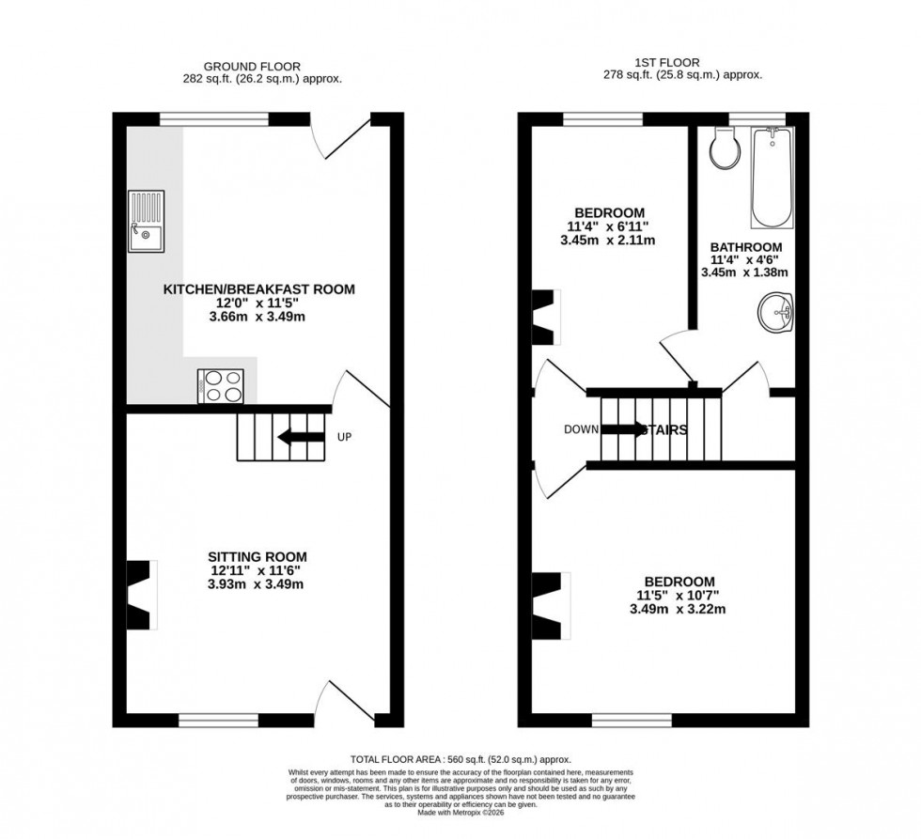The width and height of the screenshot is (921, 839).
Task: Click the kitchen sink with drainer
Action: (148, 219)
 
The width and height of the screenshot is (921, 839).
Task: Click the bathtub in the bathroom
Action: (772, 178)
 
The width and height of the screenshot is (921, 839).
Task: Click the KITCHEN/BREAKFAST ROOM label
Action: (259, 289)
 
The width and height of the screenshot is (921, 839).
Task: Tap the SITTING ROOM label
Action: (258, 556)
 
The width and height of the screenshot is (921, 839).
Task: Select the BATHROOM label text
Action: (746, 247)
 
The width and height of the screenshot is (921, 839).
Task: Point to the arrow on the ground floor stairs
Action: (296, 437)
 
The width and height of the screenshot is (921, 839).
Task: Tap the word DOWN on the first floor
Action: (581, 430)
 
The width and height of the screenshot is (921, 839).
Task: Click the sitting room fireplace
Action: (140, 594)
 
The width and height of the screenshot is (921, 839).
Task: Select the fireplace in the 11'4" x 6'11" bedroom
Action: (545, 317)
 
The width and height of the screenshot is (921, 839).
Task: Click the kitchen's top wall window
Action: (214, 118)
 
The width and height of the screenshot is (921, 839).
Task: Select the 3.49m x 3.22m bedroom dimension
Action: (679, 609)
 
